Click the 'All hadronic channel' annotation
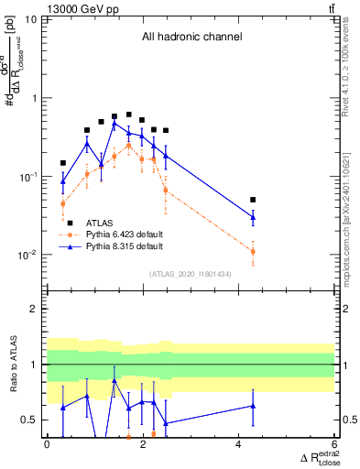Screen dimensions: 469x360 point(191,38)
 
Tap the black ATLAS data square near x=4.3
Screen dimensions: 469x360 point(253,200)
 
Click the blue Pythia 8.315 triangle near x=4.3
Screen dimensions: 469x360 point(253,216)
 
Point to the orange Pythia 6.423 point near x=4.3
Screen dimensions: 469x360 point(253,251)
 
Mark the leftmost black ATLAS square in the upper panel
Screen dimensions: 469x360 point(63,163)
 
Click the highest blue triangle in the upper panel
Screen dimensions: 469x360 point(115,123)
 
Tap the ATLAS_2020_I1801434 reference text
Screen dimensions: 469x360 point(191,274)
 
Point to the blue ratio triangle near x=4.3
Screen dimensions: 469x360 point(253,405)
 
